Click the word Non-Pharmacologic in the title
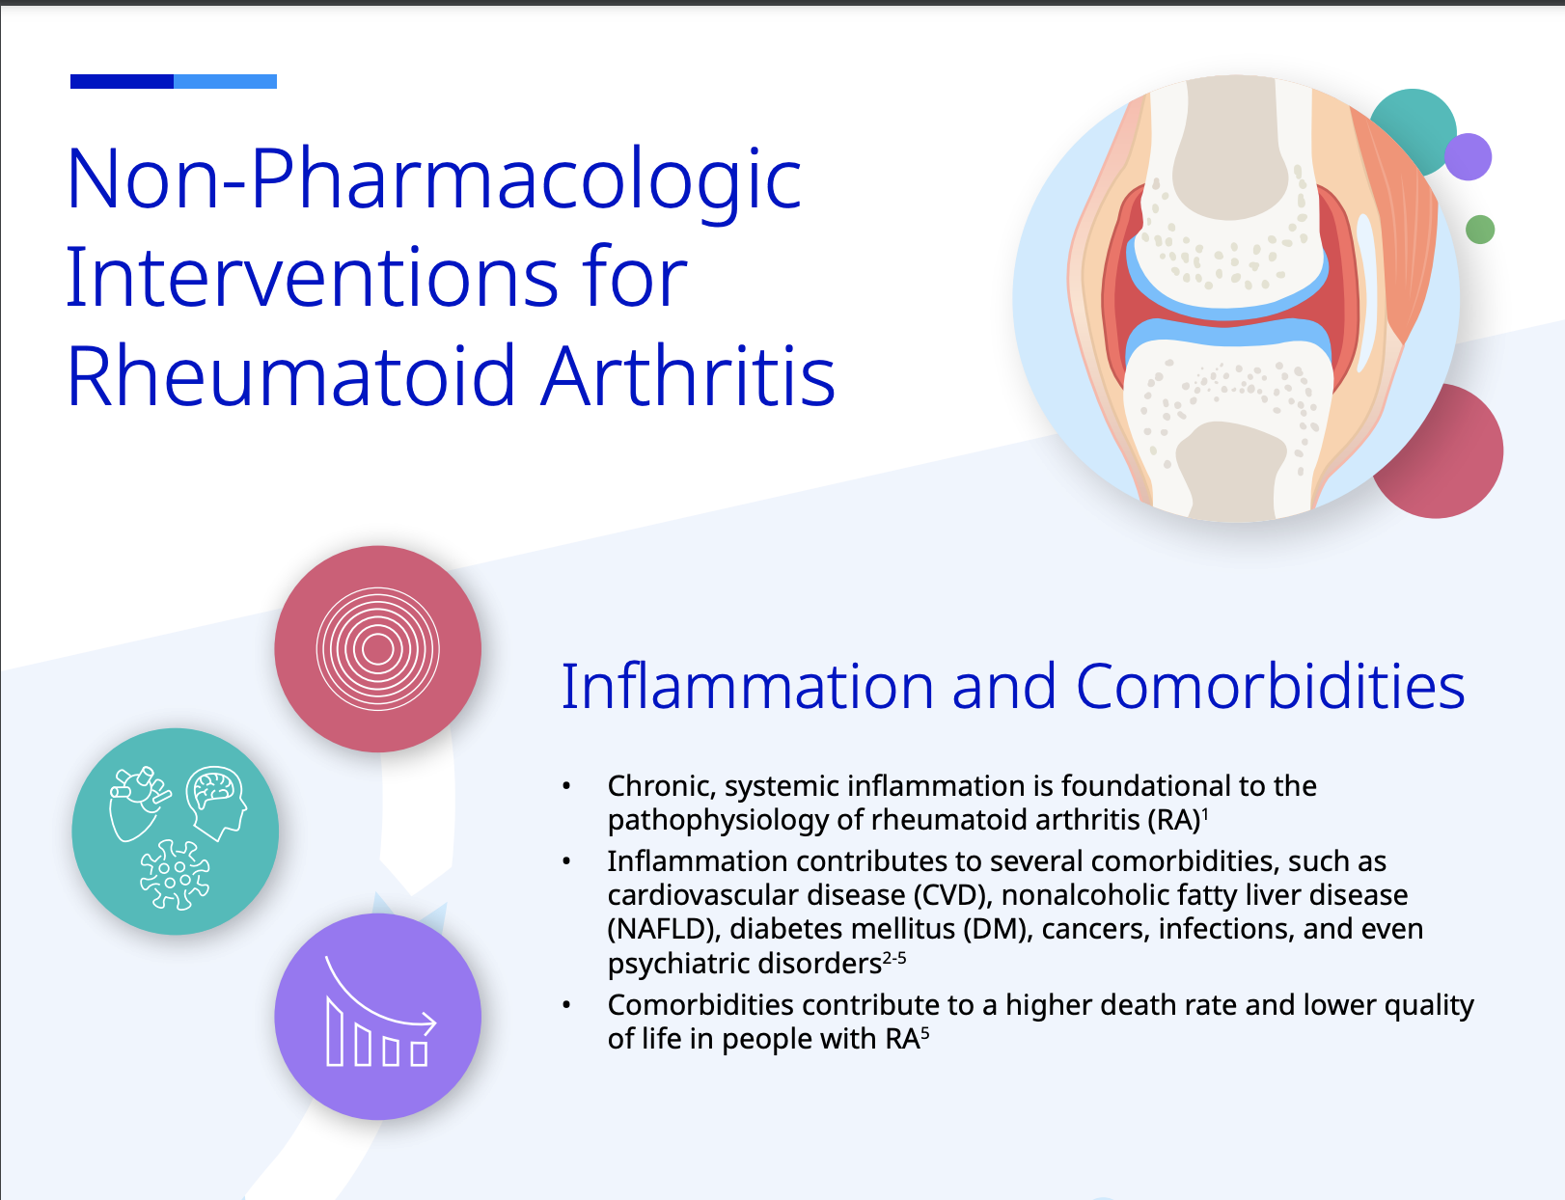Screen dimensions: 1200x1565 click(x=433, y=179)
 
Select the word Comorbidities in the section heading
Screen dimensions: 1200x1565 click(x=1270, y=687)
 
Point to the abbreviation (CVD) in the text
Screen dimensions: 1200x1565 click(x=952, y=895)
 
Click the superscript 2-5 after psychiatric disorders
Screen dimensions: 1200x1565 click(x=894, y=958)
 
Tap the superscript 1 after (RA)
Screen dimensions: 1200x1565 click(x=1205, y=814)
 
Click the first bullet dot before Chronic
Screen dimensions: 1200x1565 click(x=566, y=787)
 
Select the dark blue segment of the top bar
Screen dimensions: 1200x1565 click(x=122, y=81)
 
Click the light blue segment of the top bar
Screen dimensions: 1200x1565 click(x=225, y=81)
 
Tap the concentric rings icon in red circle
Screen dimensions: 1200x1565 click(x=377, y=649)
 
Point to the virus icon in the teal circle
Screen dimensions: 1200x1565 click(x=175, y=875)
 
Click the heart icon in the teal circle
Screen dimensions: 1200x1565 click(x=136, y=804)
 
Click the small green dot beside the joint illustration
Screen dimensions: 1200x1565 click(x=1479, y=230)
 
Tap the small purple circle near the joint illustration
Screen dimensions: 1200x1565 click(x=1468, y=156)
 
